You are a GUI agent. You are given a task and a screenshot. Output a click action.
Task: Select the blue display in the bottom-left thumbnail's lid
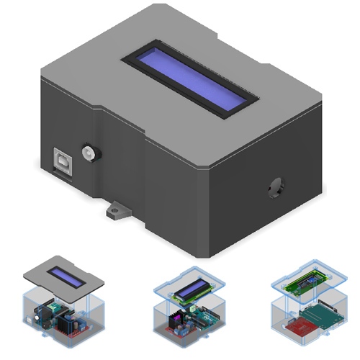pos(69,277)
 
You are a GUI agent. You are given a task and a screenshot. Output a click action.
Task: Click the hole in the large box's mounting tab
pos(114,211)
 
